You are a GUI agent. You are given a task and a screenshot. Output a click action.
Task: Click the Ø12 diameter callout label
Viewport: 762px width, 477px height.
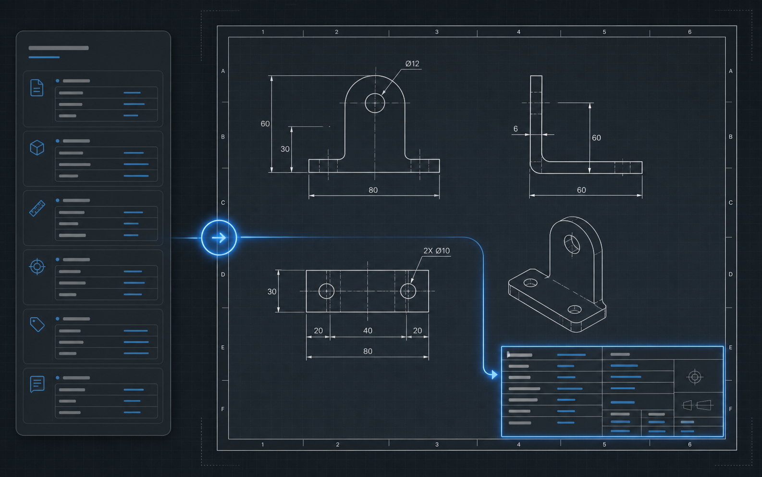click(412, 63)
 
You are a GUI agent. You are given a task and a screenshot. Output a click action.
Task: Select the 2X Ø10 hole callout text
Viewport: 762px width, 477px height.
click(436, 251)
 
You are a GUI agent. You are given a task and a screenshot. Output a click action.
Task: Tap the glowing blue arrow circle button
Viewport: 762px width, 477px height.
click(219, 238)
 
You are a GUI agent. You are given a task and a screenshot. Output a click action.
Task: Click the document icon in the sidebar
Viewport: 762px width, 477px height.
click(37, 88)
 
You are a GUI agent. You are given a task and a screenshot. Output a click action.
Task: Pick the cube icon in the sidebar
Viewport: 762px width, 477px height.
click(37, 148)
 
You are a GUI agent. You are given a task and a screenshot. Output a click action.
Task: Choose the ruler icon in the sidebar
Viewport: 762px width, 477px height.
click(37, 208)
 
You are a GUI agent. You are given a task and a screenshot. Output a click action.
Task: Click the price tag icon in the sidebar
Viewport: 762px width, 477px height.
click(37, 325)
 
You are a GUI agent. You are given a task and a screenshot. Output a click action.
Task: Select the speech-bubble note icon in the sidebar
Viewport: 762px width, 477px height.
click(37, 384)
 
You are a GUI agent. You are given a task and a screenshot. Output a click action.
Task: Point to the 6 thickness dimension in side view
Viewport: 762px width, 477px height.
click(516, 129)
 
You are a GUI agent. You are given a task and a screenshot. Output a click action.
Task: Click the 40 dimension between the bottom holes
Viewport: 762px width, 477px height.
click(368, 331)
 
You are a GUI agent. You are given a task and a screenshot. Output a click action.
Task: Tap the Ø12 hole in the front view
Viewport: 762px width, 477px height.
click(375, 103)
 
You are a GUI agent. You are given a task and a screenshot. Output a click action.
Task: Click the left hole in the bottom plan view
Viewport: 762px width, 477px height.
click(327, 291)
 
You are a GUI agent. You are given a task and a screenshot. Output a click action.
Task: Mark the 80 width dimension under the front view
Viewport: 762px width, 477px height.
click(373, 190)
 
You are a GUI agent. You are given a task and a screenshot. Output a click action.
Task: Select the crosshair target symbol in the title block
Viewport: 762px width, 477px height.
click(695, 377)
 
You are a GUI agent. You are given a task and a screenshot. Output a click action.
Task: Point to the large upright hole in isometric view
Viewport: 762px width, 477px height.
click(572, 244)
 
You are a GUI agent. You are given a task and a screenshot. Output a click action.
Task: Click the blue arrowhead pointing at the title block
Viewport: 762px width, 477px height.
click(494, 375)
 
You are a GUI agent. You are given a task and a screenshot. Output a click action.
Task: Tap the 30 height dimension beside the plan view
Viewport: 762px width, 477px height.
click(272, 291)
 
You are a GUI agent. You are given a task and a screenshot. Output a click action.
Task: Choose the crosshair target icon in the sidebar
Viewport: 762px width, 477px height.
click(37, 266)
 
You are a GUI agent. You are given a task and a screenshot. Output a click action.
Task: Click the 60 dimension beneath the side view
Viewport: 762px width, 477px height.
click(581, 190)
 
